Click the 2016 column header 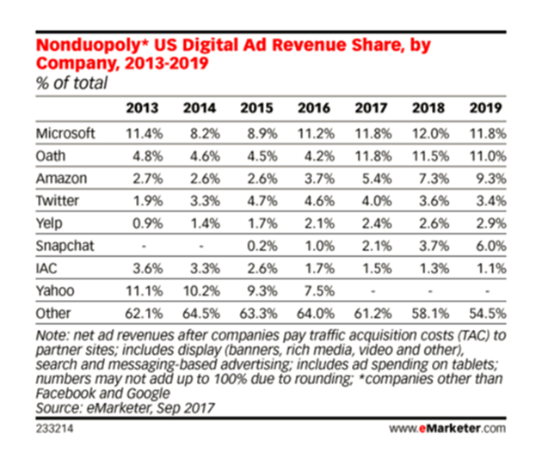[x=314, y=108]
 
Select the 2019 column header [x=485, y=108]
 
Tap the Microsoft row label [x=65, y=133]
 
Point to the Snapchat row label [x=65, y=246]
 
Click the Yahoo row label [x=55, y=290]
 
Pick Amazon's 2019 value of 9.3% [x=491, y=179]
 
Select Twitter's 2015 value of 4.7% [x=262, y=201]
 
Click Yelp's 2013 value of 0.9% [x=148, y=223]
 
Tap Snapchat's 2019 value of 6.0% [x=491, y=246]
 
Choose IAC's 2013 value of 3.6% [x=148, y=268]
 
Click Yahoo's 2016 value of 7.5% [x=319, y=290]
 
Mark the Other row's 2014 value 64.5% [x=201, y=314]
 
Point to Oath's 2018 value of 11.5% [x=431, y=156]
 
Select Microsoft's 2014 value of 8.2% [x=205, y=133]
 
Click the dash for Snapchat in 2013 [x=145, y=247]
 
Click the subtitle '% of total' [x=72, y=83]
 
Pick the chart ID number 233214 [x=54, y=429]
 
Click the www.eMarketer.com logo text [x=447, y=429]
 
